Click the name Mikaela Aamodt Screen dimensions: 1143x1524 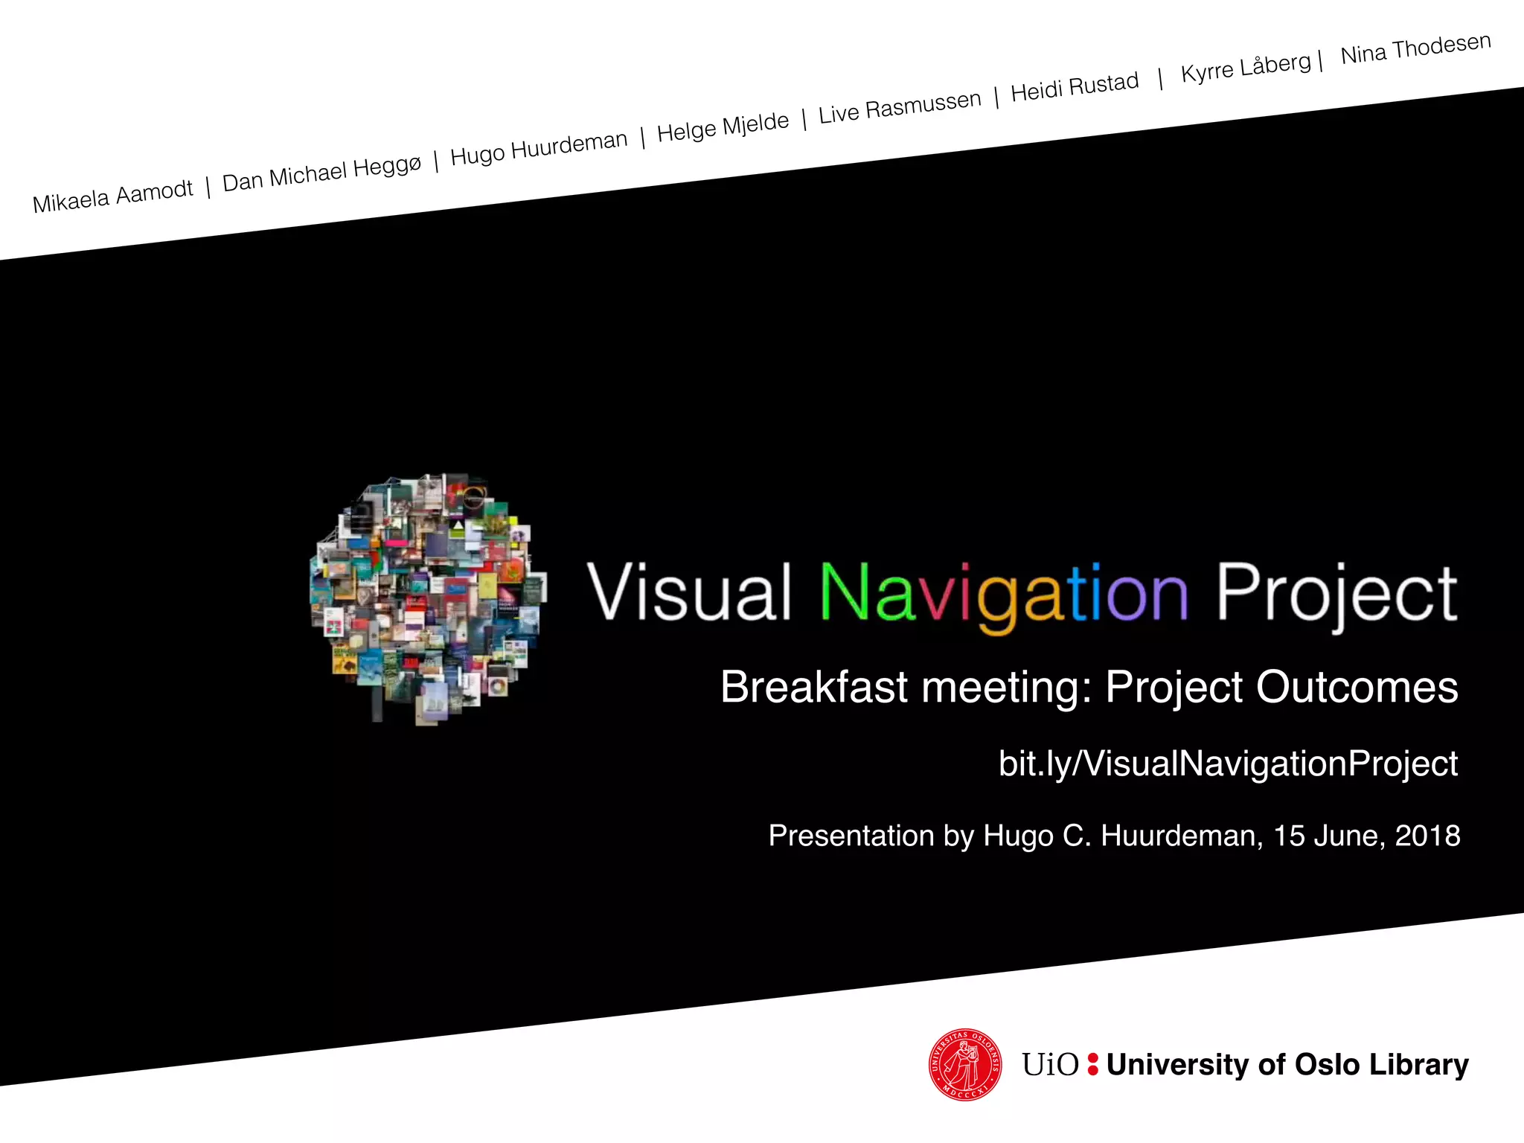(x=112, y=196)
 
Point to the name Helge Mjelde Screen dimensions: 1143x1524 (x=723, y=126)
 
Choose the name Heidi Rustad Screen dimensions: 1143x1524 (x=1075, y=87)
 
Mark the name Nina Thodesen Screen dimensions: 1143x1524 (x=1415, y=48)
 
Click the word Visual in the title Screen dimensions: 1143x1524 (x=688, y=592)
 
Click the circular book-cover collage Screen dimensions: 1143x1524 (x=428, y=595)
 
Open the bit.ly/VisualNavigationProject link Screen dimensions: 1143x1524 (x=1228, y=763)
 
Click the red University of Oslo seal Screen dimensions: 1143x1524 (x=965, y=1064)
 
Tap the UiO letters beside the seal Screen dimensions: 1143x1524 (x=1049, y=1065)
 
